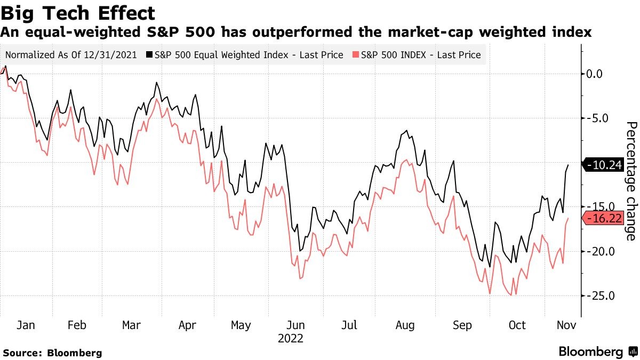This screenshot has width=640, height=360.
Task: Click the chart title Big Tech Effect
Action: pyautogui.click(x=78, y=13)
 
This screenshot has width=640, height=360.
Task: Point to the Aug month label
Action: pyautogui.click(x=406, y=325)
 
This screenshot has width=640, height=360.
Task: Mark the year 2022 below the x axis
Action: pyautogui.click(x=290, y=339)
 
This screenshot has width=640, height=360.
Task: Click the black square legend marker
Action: pyautogui.click(x=150, y=55)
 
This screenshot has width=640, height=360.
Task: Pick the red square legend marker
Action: pyautogui.click(x=356, y=55)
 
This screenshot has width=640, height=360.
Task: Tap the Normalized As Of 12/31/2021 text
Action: pyautogui.click(x=71, y=55)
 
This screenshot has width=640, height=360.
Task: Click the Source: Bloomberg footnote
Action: pyautogui.click(x=52, y=353)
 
